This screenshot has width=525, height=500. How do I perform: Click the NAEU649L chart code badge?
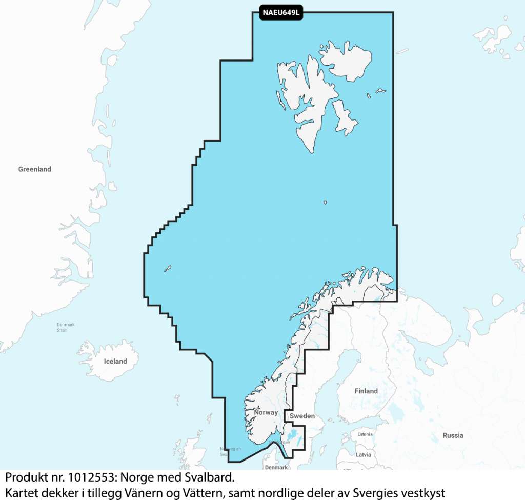pos(281,12)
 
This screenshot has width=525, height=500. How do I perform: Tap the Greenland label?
pos(35,169)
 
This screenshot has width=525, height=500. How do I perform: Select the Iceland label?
pos(115,361)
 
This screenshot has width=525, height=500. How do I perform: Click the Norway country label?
pos(266,412)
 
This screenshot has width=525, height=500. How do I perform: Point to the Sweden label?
pos(302,416)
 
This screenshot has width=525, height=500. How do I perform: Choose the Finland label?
pos(366,391)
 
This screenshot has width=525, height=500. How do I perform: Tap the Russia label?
pos(453,435)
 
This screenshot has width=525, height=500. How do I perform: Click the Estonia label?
pos(365,434)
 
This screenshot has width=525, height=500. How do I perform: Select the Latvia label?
pos(363,454)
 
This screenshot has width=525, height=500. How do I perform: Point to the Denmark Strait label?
pos(66,327)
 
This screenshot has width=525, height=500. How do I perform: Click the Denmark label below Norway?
pos(276,467)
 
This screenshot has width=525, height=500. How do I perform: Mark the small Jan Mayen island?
pos(167,268)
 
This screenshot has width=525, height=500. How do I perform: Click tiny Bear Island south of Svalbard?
pos(325,203)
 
